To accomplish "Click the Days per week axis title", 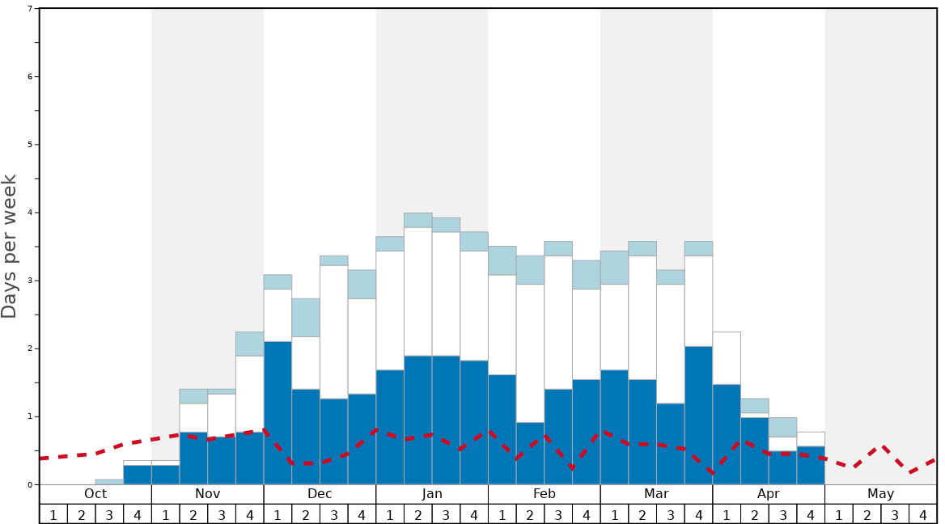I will (10, 247).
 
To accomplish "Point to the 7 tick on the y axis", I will (30, 8).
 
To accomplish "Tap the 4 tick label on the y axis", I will (30, 213).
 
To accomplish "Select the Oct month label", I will (95, 494).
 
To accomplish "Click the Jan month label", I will (432, 494).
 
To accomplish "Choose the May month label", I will (880, 494).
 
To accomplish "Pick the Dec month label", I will (320, 494).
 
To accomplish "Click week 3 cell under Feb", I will (558, 514).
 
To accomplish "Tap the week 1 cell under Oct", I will (53, 514).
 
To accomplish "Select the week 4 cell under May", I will (922, 514).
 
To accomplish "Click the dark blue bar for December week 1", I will (278, 412).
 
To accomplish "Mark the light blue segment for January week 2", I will (417, 220).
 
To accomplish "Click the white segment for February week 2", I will (530, 353).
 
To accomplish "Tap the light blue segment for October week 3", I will (109, 482).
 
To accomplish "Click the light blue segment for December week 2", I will (306, 318).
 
